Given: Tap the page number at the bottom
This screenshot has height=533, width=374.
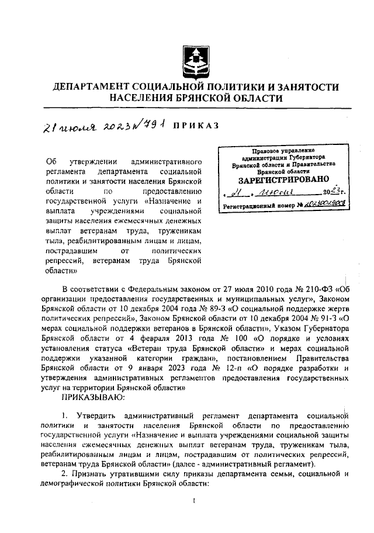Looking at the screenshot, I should pyautogui.click(x=193, y=500).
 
